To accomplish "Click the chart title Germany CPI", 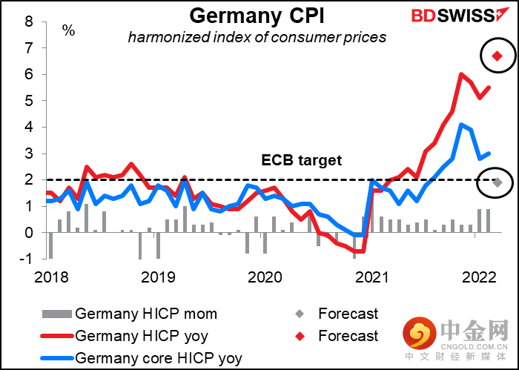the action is coord(257,16).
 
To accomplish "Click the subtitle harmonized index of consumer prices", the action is coord(257,37).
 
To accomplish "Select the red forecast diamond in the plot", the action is coord(497,56).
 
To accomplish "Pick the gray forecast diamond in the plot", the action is coord(497,182).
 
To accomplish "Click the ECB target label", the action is coord(301,160).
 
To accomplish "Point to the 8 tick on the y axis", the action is coord(29,22).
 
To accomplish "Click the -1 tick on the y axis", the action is coord(27,259).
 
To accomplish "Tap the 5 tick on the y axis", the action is coord(29,101).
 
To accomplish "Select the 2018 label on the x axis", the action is coord(51,277).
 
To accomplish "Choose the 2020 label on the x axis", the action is coord(265,277).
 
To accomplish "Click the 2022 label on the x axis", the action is coord(479,277).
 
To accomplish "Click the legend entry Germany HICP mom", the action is coord(130,314).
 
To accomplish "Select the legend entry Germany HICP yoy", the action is coord(124,336).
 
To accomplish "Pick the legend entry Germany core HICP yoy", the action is coord(142,357).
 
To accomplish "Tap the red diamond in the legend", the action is coord(300,336).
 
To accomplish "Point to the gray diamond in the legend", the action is coord(300,314).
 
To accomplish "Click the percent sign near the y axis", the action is coord(68,31).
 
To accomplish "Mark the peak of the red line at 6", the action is coord(461,74).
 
